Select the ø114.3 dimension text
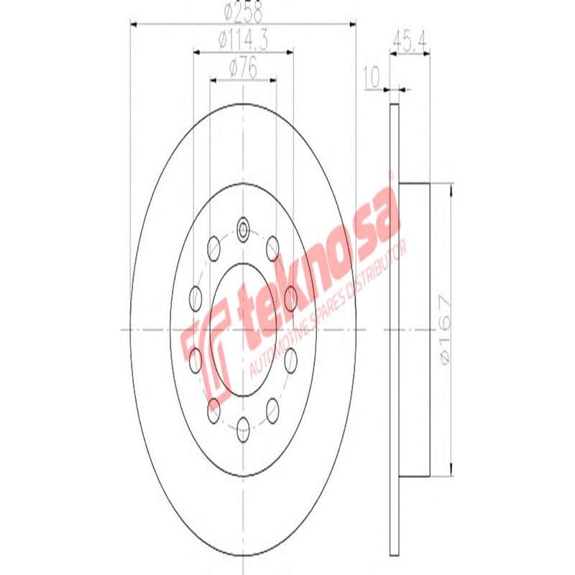(243, 41)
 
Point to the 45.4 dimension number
(410, 41)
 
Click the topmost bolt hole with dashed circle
(243, 230)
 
